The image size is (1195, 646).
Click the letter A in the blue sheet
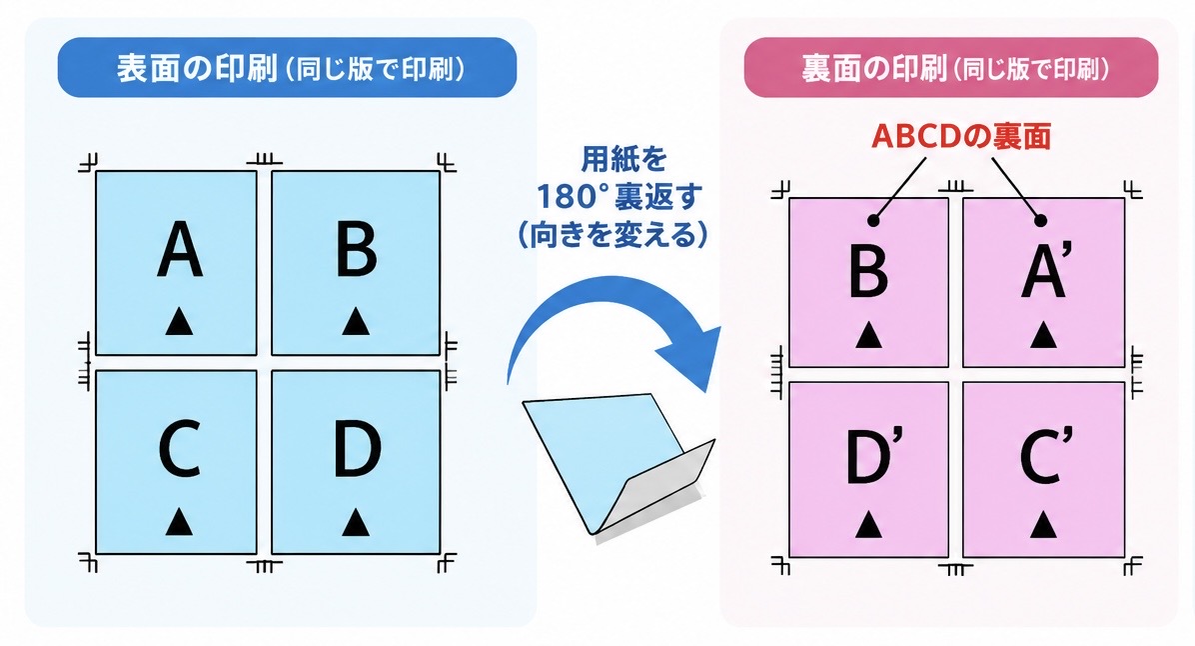pyautogui.click(x=180, y=249)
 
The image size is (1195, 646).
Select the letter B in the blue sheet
pyautogui.click(x=357, y=249)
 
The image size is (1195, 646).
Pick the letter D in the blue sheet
pyautogui.click(x=358, y=449)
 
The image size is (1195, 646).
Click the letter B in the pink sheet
pyautogui.click(x=869, y=270)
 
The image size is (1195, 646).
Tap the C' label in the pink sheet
pyautogui.click(x=1046, y=456)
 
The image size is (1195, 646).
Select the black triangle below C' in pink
pyautogui.click(x=1043, y=525)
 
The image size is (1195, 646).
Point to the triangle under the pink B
pyautogui.click(x=868, y=334)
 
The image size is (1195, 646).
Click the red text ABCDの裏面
pyautogui.click(x=962, y=137)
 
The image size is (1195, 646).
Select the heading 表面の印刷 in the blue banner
pyautogui.click(x=197, y=68)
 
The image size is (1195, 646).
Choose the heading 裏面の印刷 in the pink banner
pyautogui.click(x=874, y=69)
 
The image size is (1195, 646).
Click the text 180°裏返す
pyautogui.click(x=618, y=197)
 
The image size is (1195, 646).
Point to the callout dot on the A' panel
pyautogui.click(x=1040, y=220)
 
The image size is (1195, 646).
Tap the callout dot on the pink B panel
pyautogui.click(x=873, y=220)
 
